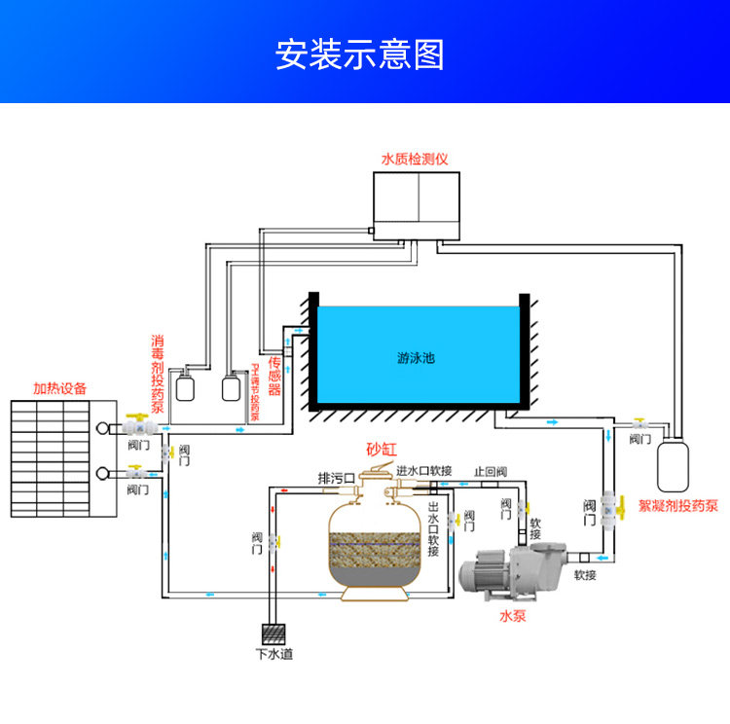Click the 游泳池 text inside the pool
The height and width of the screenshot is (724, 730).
(417, 357)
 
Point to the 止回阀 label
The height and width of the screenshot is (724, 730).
(491, 471)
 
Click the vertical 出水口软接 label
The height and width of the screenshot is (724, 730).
(433, 530)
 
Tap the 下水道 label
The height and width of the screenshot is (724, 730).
(274, 654)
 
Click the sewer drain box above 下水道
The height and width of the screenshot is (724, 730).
(274, 632)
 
